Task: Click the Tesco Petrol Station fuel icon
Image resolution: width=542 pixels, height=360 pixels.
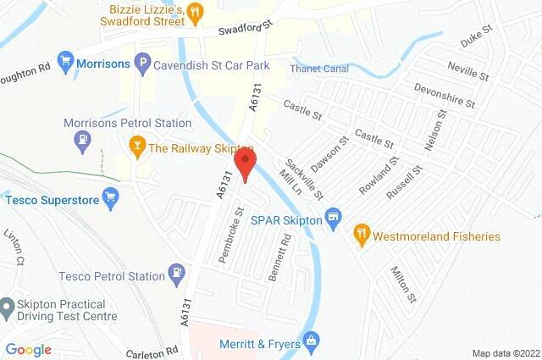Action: [x=176, y=274]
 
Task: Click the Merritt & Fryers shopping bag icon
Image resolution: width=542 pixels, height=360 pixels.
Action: [x=311, y=341]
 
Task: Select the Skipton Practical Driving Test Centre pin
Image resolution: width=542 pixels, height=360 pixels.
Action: [x=7, y=305]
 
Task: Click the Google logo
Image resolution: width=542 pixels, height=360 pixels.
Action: [x=28, y=349]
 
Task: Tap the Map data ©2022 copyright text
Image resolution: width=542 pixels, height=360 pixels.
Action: [x=505, y=352]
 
